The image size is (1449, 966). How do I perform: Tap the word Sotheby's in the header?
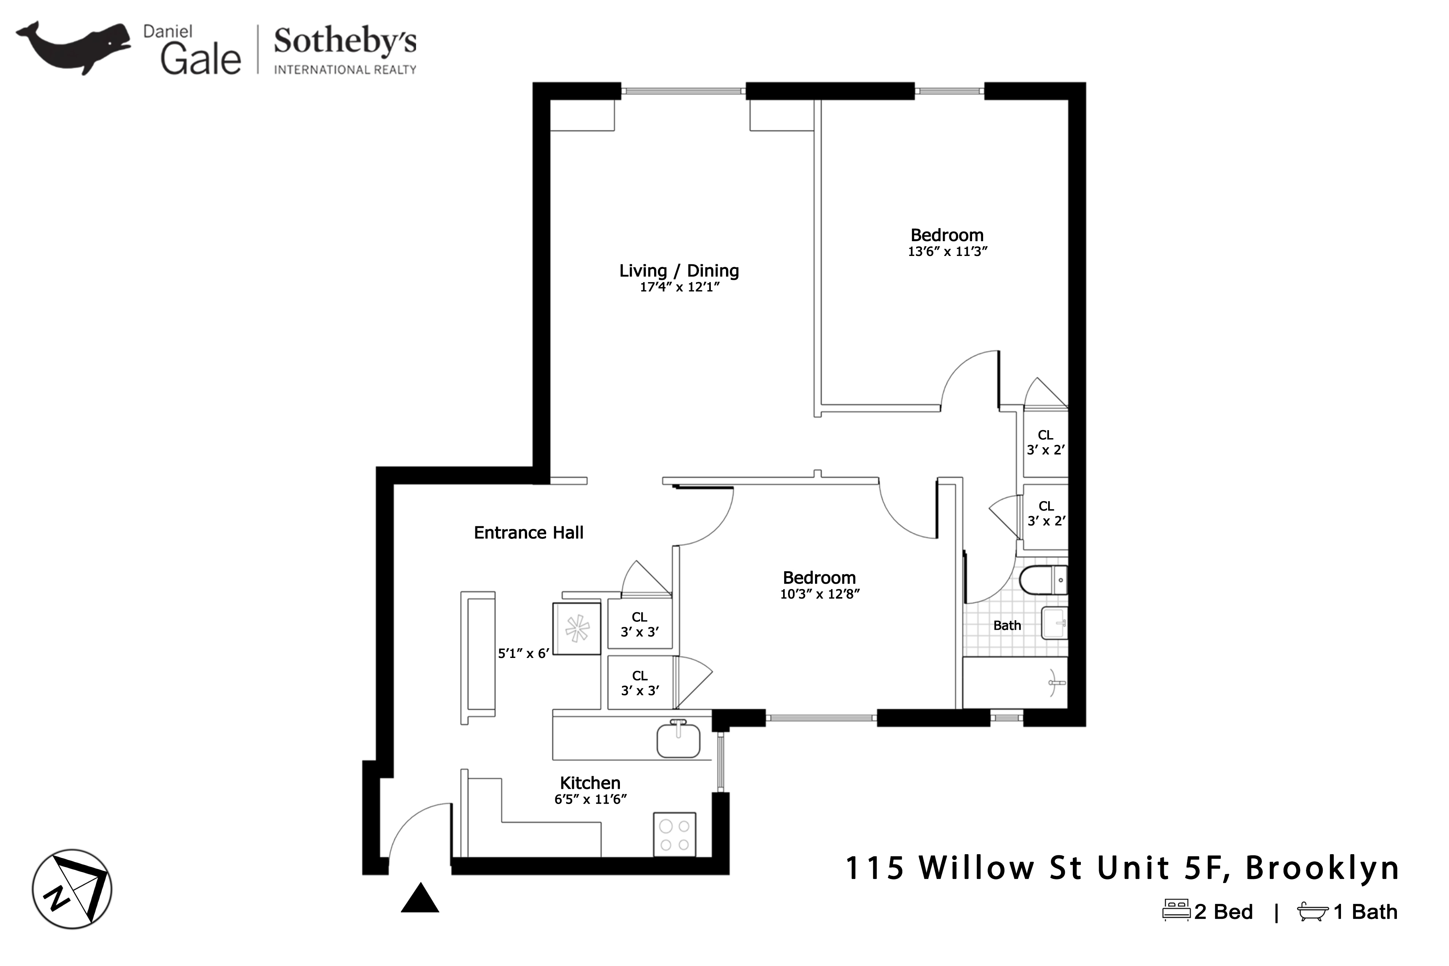[345, 42]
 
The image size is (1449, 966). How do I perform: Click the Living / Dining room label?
[679, 270]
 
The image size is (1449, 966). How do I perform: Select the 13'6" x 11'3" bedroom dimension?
[947, 251]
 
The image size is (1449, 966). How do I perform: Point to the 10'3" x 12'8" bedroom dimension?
[819, 594]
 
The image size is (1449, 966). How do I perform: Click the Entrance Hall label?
[528, 532]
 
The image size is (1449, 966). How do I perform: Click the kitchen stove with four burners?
[675, 835]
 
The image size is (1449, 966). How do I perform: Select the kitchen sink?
[678, 740]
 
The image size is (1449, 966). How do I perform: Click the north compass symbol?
[72, 889]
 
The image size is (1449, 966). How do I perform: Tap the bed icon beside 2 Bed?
[1176, 910]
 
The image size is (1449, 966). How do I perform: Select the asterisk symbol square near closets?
[577, 628]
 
